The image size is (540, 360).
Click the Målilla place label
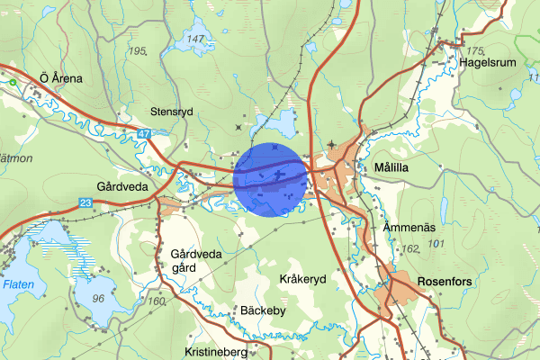pos(391,168)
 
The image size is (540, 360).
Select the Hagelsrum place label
pos(490,63)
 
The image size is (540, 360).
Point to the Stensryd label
pos(173,112)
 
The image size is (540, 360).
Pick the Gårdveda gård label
pos(195,261)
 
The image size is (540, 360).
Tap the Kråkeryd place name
pos(302,279)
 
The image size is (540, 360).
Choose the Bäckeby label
pos(238,310)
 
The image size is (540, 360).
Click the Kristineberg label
pos(215,353)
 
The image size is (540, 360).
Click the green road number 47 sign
pos(144,134)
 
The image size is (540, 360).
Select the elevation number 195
pos(138,51)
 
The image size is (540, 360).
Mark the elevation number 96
pos(99,298)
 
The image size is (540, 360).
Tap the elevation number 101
pos(437,244)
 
